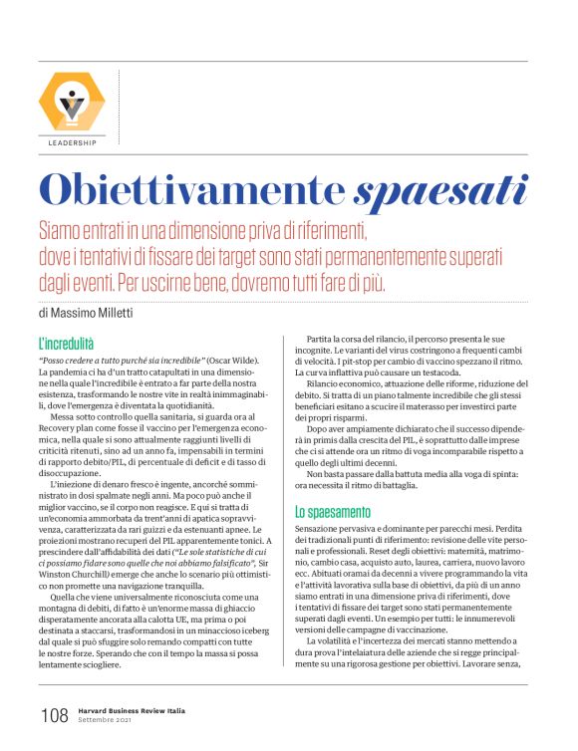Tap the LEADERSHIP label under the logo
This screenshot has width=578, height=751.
point(72,142)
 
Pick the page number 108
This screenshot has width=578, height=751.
point(54,715)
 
